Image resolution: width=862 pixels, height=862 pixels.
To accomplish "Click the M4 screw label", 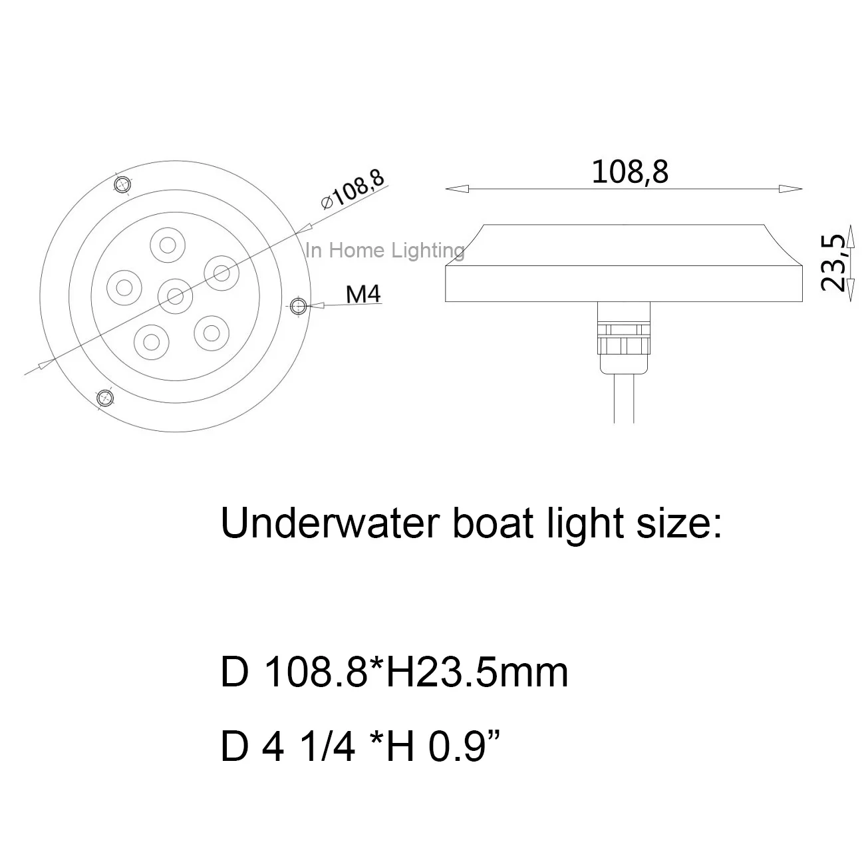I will (x=364, y=293).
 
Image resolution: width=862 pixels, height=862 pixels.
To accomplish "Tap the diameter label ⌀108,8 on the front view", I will (x=352, y=190).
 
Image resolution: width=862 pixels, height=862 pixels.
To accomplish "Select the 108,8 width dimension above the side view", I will (x=629, y=172).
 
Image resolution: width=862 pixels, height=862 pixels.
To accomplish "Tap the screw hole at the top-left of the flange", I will (x=122, y=184).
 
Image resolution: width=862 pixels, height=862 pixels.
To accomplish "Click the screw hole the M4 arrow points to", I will (x=299, y=306).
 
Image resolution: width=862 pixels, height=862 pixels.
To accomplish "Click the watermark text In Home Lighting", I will (x=384, y=251).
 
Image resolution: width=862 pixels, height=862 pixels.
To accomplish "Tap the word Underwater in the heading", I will (x=329, y=523).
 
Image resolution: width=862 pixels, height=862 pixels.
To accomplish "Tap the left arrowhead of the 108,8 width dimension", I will (x=456, y=189).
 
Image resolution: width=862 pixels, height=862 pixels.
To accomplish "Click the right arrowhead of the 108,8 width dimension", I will (x=791, y=189).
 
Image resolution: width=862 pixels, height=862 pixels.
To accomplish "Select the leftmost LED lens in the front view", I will (x=124, y=287).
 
